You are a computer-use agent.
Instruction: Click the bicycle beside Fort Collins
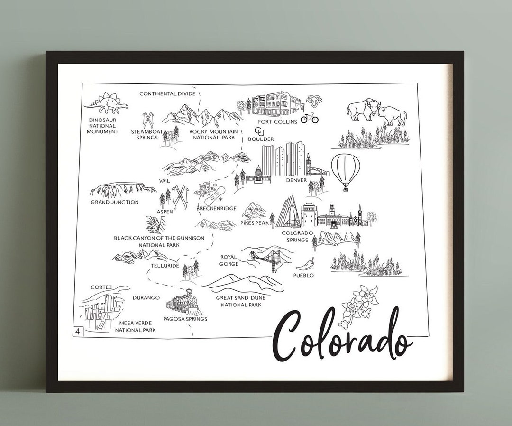309,118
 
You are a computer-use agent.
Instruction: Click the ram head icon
313,102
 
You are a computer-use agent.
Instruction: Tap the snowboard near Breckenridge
215,194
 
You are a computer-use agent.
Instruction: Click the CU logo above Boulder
260,131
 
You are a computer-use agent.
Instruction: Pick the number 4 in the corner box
77,331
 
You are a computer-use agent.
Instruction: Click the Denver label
297,180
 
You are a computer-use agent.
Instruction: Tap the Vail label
165,180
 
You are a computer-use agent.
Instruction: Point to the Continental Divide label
167,94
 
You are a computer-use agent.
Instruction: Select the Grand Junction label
115,202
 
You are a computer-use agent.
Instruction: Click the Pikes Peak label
254,222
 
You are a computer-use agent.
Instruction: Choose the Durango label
146,297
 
